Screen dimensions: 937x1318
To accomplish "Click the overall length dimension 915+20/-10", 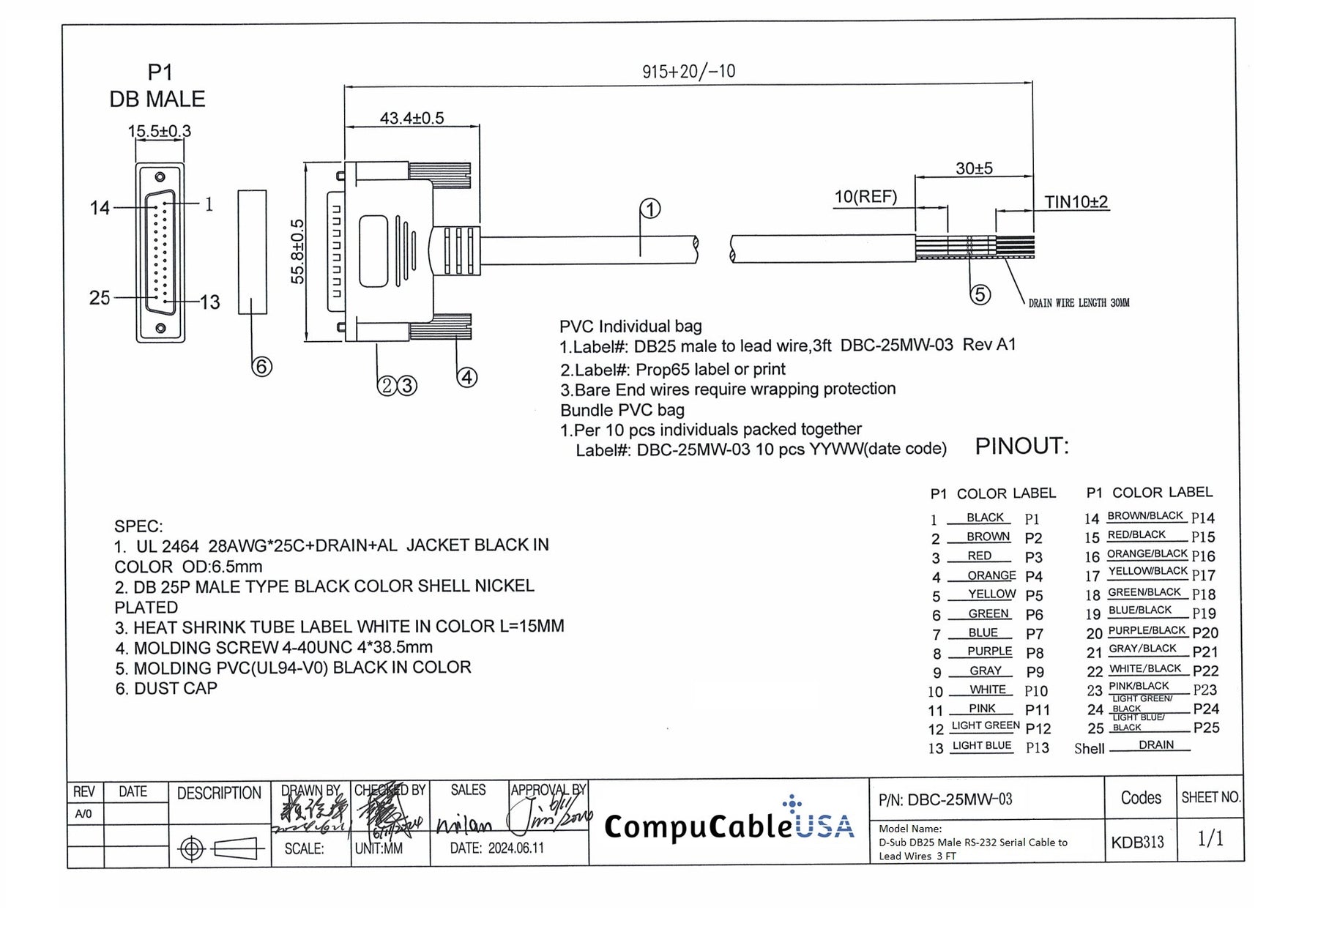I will coord(688,72).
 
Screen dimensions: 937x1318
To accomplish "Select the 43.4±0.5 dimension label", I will coord(412,118).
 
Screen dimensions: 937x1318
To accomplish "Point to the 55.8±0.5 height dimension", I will coord(297,252).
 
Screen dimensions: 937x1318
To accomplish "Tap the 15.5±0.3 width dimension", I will coord(159,131).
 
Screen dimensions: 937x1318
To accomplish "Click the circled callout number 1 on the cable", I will coord(650,209).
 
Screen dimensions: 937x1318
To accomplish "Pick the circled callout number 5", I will coord(980,295).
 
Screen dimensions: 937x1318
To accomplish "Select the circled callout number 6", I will coord(261,366).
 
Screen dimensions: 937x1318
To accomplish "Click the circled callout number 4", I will coord(467,378).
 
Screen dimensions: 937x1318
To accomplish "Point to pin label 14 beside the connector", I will coord(100,208).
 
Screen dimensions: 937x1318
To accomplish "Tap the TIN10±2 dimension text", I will coord(1076,202).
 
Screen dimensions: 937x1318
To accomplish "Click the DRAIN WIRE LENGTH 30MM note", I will coord(1079,303).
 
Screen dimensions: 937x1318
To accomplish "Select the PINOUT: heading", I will coord(1021,446).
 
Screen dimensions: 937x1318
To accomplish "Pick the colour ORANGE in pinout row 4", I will coord(991,575).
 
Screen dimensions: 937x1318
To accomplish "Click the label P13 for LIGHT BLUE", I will coord(1037,747).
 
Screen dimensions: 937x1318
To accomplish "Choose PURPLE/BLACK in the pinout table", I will coord(1146,630).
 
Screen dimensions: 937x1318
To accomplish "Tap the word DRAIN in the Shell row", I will coord(1156,744).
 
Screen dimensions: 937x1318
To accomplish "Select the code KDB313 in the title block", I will coord(1137,842).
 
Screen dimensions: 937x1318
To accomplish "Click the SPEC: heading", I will coord(138,526).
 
